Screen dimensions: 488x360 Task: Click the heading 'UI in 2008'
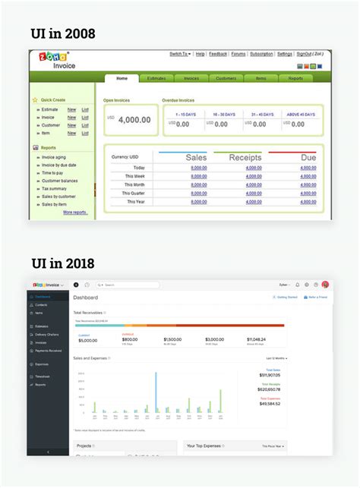coord(63,33)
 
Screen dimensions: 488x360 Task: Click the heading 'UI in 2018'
coord(63,263)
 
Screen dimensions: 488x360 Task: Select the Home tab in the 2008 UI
coord(121,78)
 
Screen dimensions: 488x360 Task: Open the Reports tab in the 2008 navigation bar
coord(295,78)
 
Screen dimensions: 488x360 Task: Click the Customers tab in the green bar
coord(226,78)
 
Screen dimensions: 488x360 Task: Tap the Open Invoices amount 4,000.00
coord(134,120)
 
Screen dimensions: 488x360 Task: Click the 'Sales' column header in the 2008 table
coord(196,157)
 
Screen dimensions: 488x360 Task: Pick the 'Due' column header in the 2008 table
coord(308,157)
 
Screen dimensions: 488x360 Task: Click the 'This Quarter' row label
coord(128,194)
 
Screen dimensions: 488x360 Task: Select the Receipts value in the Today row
coord(254,168)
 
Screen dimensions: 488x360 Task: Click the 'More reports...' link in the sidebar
coord(74,213)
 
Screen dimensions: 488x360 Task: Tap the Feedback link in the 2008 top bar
coord(218,54)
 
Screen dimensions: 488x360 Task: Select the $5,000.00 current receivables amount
coord(87,340)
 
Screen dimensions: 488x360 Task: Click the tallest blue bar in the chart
coord(156,392)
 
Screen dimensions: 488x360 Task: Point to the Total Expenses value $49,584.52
coord(270,404)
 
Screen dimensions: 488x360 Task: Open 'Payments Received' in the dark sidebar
coord(48,351)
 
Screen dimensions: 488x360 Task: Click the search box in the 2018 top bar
coord(129,285)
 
